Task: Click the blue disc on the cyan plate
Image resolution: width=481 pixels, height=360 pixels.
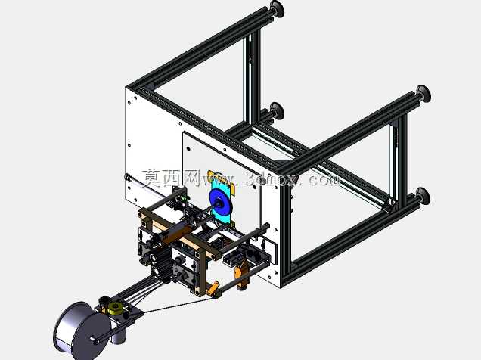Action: (x=220, y=203)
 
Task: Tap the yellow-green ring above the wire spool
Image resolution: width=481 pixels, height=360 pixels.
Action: (x=116, y=307)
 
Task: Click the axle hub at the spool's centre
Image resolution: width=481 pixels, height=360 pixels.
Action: (x=93, y=339)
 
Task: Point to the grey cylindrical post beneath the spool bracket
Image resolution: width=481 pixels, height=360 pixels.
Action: (x=118, y=337)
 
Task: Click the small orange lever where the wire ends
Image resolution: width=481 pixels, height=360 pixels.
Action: (x=213, y=288)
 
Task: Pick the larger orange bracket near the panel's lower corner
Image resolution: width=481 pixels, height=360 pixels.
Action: (x=241, y=274)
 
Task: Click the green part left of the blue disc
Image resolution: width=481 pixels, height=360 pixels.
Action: (x=184, y=199)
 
